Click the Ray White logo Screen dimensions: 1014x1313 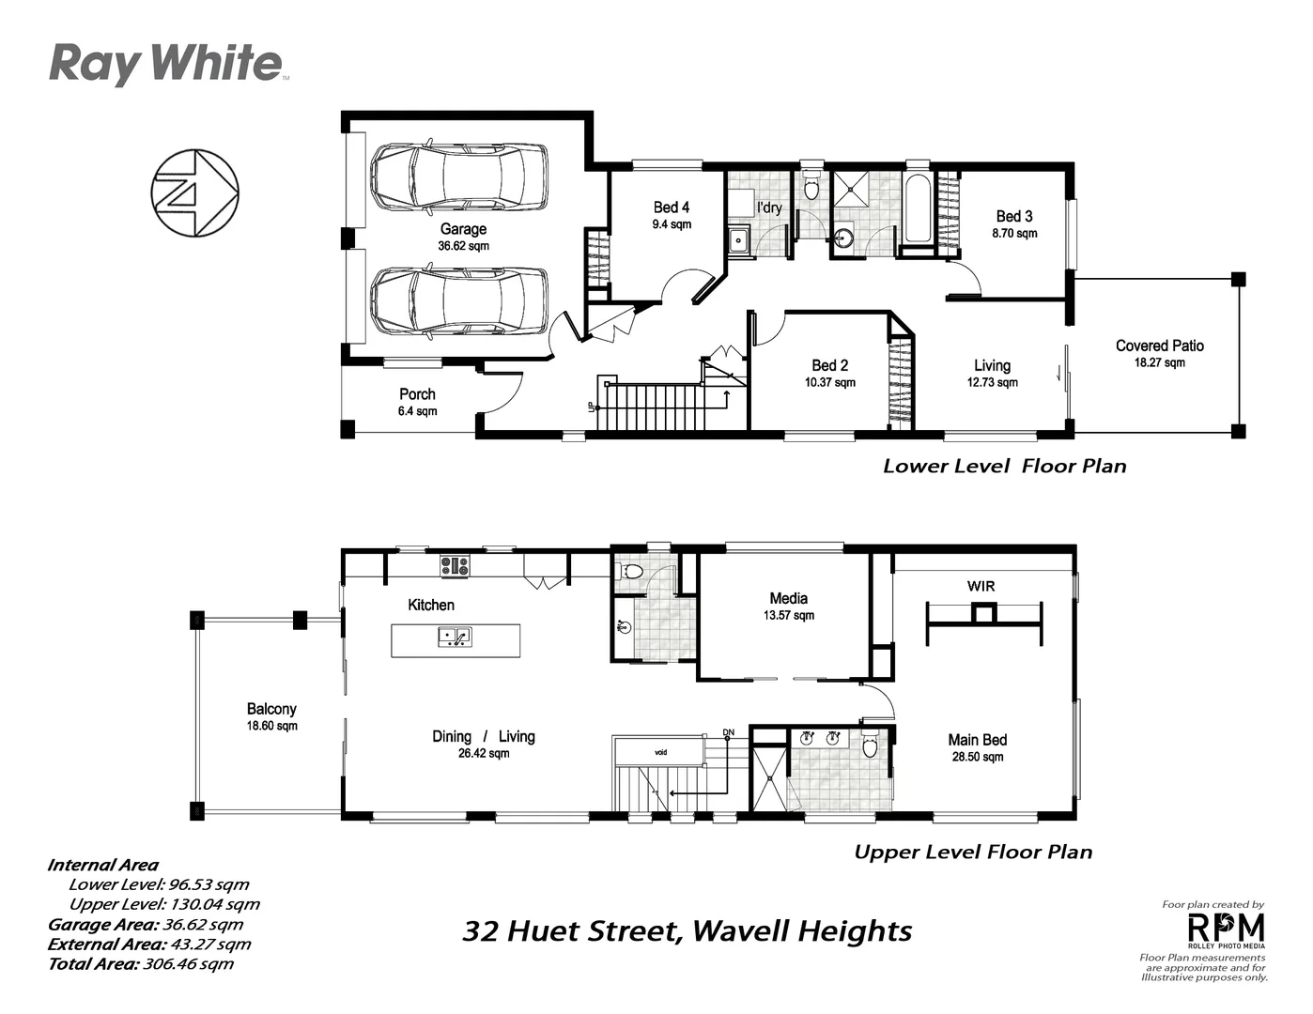tap(166, 64)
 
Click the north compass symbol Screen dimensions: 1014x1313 tap(194, 192)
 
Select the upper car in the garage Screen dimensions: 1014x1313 tap(458, 176)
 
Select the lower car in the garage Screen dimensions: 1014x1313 tap(458, 301)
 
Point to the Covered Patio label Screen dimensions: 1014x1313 tap(1159, 353)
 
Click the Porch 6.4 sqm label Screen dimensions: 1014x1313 tap(417, 402)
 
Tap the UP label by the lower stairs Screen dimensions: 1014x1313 tap(592, 407)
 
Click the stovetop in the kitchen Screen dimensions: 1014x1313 tap(455, 566)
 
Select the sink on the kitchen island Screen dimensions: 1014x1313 tap(455, 638)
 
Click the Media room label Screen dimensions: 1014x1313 tap(788, 606)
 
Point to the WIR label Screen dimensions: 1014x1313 tap(981, 586)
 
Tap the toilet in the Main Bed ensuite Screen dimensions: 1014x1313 tap(870, 745)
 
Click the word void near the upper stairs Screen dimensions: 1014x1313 tap(660, 752)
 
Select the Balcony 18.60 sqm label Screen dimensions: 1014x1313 tap(271, 717)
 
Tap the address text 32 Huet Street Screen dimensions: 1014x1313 tap(573, 931)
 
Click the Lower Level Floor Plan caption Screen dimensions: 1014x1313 tap(1004, 466)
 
